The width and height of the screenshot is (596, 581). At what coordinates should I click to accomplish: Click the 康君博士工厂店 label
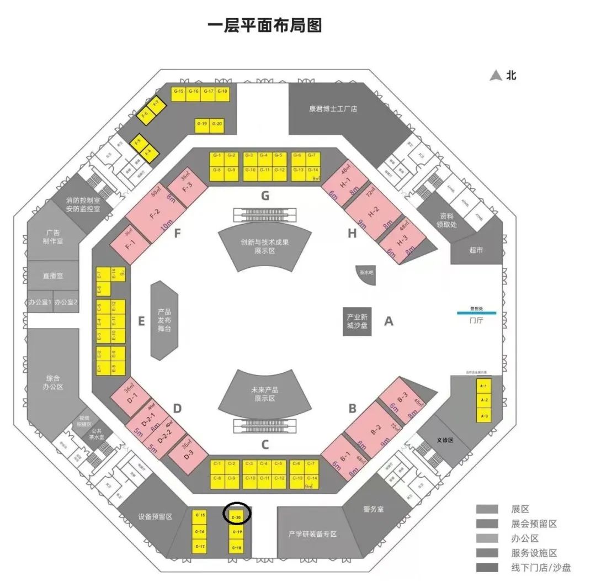pos(333,109)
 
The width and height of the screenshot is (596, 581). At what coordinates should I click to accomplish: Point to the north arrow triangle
pos(496,76)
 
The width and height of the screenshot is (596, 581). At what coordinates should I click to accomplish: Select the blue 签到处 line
pos(476,314)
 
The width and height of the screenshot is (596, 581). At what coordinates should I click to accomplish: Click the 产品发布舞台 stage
pos(164,320)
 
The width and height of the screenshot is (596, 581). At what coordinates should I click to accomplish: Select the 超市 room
pos(476,250)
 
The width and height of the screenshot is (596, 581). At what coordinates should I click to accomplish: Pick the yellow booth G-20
pos(216,124)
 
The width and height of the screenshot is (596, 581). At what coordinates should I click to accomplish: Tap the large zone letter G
pos(265,196)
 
